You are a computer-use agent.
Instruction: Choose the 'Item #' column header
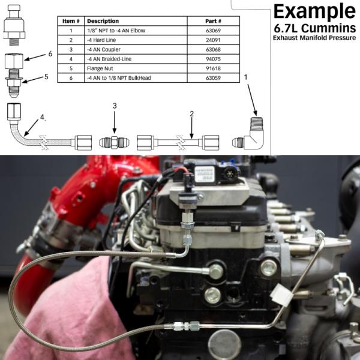pyautogui.click(x=71, y=21)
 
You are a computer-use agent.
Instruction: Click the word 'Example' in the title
pyautogui.click(x=314, y=12)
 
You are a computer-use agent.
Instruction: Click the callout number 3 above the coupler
pyautogui.click(x=114, y=106)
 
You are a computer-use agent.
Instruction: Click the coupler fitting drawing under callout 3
pyautogui.click(x=114, y=143)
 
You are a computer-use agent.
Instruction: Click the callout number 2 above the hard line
pyautogui.click(x=191, y=113)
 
